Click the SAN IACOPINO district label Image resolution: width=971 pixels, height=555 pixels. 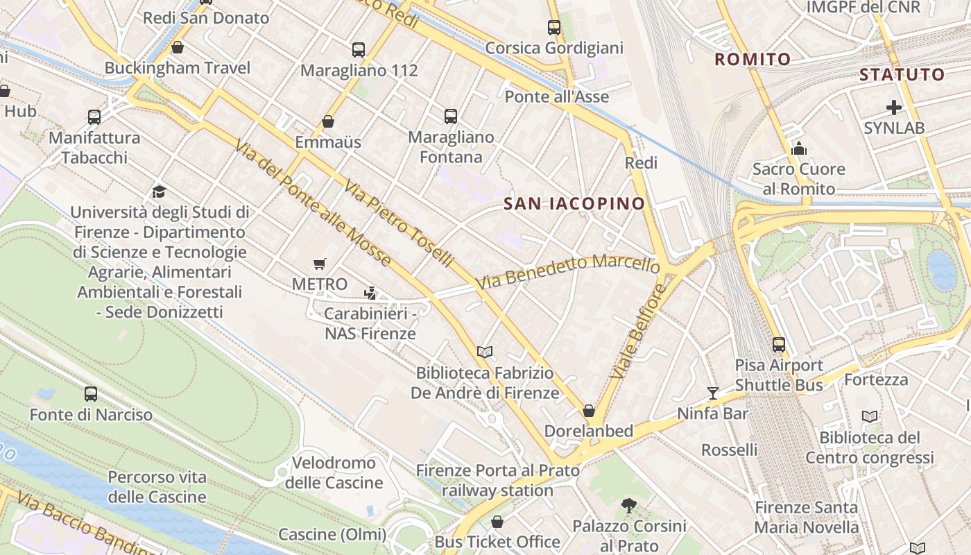[x=574, y=203]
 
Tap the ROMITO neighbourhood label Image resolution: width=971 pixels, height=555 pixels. [x=753, y=59]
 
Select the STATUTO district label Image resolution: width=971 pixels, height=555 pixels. [x=902, y=74]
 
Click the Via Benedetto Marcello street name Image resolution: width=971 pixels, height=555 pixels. [x=567, y=272]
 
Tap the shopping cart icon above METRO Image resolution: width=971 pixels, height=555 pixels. [x=319, y=264]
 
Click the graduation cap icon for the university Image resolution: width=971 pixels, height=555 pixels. [x=160, y=191]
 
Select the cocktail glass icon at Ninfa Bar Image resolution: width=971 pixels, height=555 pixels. [x=712, y=393]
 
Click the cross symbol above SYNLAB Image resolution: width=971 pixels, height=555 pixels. [x=893, y=108]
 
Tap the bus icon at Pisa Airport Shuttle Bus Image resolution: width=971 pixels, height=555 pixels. [x=779, y=344]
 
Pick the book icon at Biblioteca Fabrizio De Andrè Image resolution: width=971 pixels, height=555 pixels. [x=484, y=352]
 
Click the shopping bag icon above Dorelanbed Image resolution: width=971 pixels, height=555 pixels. [x=588, y=411]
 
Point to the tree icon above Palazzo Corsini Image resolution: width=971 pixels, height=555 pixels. [x=628, y=506]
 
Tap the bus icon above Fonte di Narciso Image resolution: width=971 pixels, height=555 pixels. [x=91, y=394]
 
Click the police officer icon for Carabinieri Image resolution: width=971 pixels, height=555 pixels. [x=370, y=293]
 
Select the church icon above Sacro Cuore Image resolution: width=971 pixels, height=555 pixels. [x=798, y=148]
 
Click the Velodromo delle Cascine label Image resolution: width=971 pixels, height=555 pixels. [x=334, y=472]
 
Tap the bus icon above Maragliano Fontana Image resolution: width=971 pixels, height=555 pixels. [x=451, y=117]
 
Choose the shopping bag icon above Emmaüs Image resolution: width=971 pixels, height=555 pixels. [x=328, y=122]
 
